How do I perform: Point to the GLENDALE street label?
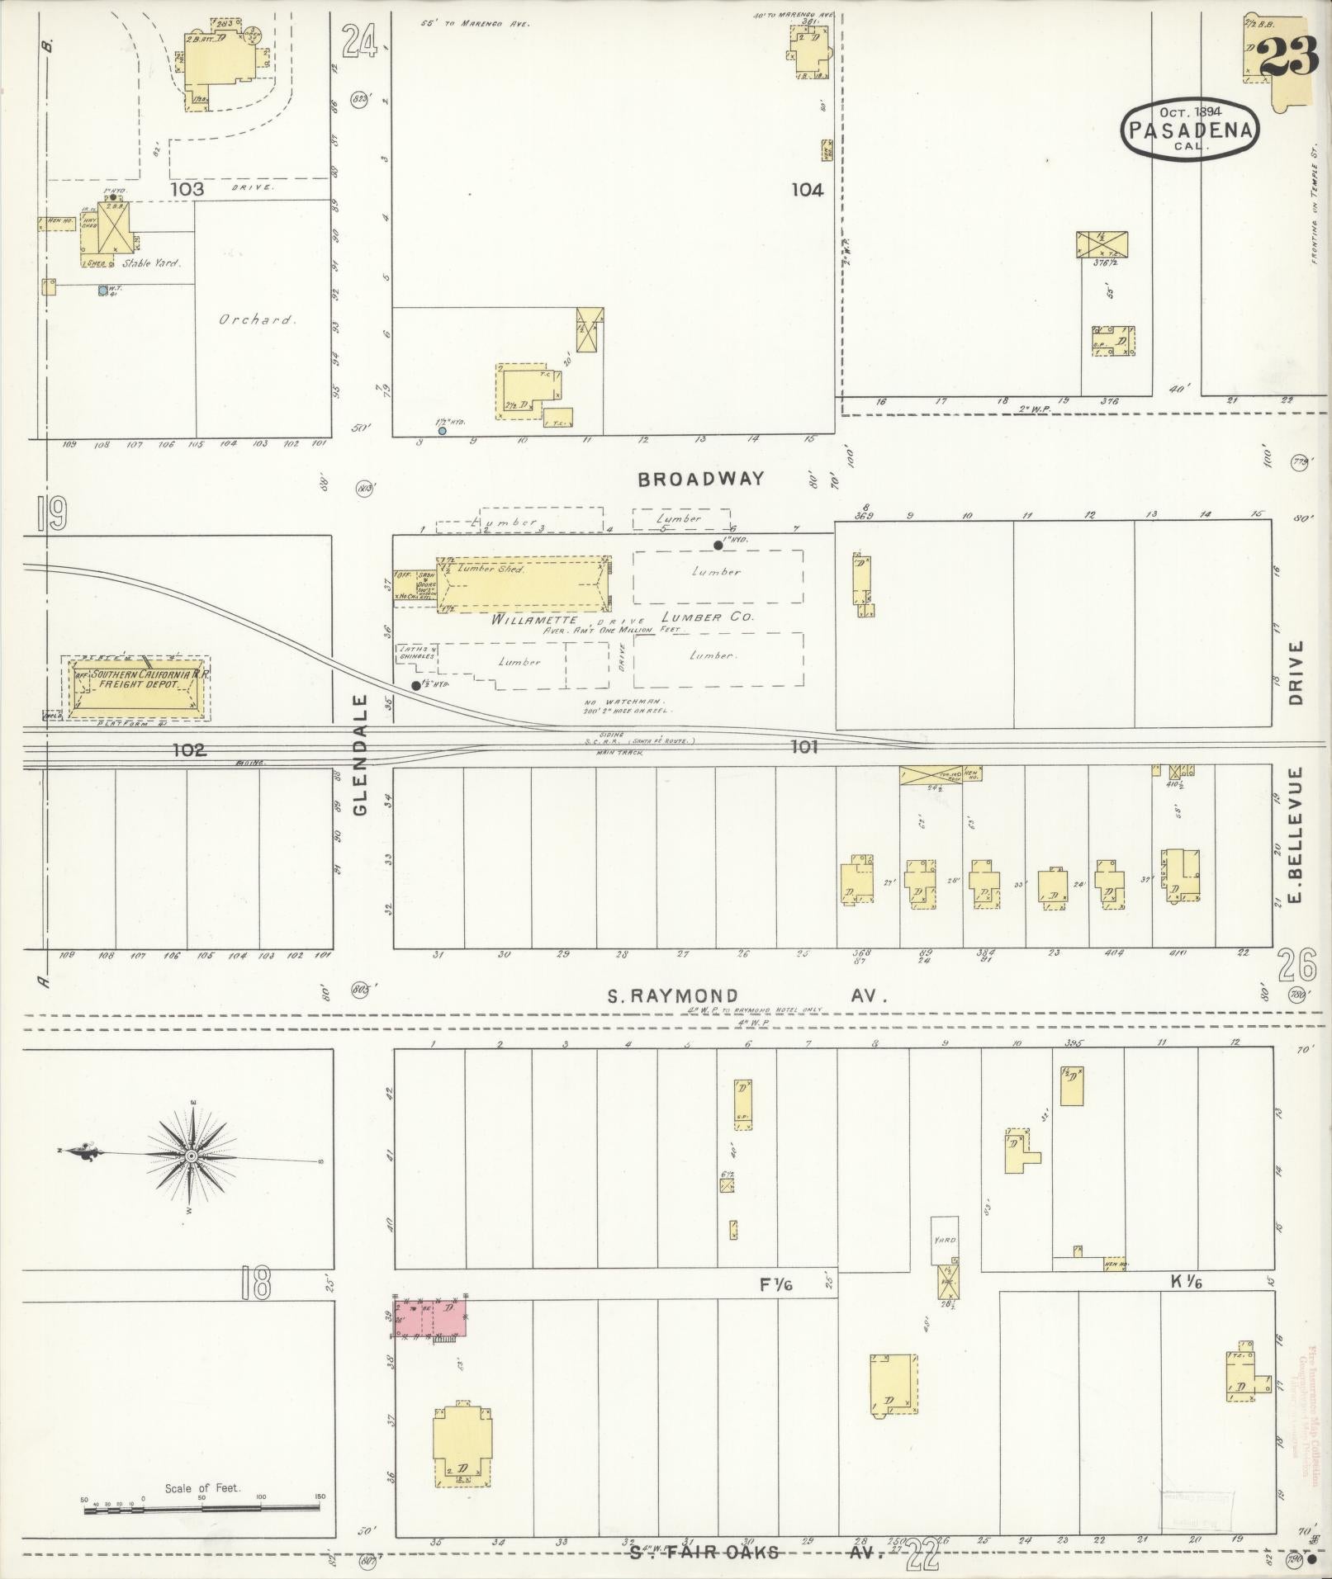pos(360,755)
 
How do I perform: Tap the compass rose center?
pos(192,1156)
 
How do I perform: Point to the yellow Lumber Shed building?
pos(522,584)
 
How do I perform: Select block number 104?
pos(807,191)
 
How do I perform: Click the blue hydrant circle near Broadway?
pos(443,431)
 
